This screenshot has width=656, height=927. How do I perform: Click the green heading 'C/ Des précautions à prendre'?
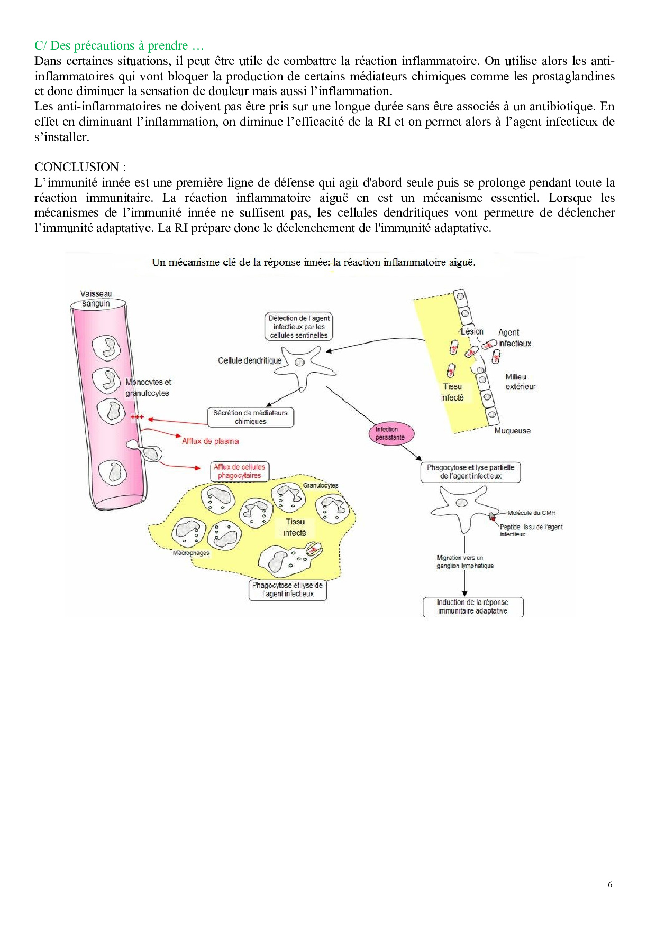tap(119, 45)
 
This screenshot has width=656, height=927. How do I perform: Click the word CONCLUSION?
tap(77, 167)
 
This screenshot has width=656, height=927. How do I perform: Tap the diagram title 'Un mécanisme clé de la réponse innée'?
tap(313, 262)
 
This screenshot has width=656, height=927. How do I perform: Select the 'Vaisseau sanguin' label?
tap(96, 299)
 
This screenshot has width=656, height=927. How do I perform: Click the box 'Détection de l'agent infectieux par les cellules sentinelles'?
tap(298, 327)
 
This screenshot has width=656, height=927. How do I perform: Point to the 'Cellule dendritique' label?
tap(250, 360)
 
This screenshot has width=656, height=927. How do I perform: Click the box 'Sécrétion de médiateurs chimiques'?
tap(250, 417)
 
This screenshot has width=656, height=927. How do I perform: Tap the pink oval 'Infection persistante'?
tap(390, 433)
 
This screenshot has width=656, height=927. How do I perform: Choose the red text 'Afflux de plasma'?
tap(210, 441)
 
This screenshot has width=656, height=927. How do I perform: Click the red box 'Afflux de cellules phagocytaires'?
tap(239, 471)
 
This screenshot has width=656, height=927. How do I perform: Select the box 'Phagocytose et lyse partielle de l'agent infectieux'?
tap(470, 471)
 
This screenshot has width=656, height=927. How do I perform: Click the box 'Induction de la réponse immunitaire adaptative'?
tap(472, 606)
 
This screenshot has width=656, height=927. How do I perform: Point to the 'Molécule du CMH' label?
tap(531, 513)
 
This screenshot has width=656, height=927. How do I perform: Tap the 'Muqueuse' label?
tap(512, 431)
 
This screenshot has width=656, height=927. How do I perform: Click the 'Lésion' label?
tap(472, 331)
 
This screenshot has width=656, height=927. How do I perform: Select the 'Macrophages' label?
tap(190, 553)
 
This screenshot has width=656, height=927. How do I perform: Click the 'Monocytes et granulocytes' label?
tap(148, 387)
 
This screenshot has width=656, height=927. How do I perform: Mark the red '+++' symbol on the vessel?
tap(137, 418)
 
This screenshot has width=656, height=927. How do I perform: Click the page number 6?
tap(610, 885)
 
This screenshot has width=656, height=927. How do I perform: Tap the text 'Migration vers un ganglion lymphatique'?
tap(464, 561)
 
